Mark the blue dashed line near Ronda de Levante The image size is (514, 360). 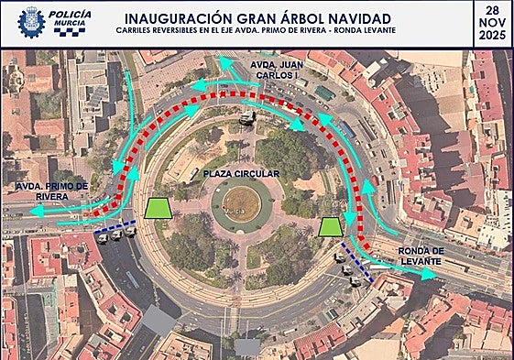[x=355, y=260]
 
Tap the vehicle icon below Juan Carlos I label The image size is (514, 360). [x=246, y=118]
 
